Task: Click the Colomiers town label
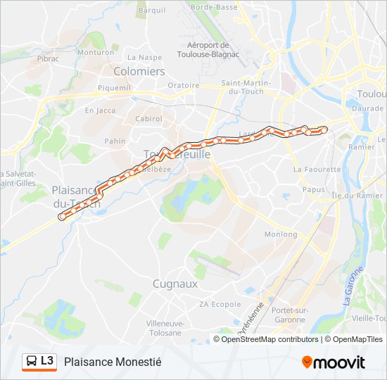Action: (139, 71)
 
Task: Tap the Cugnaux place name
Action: (175, 284)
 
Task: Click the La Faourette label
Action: (317, 170)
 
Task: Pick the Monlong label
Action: (281, 234)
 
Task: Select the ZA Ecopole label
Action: (220, 304)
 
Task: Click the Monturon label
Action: (95, 52)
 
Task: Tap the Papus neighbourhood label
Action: (313, 189)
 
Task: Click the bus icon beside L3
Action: (32, 362)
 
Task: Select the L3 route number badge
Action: (47, 361)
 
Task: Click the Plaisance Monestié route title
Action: (113, 362)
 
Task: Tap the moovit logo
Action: (334, 362)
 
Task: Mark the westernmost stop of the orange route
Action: (62, 216)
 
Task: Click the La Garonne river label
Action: (348, 286)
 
